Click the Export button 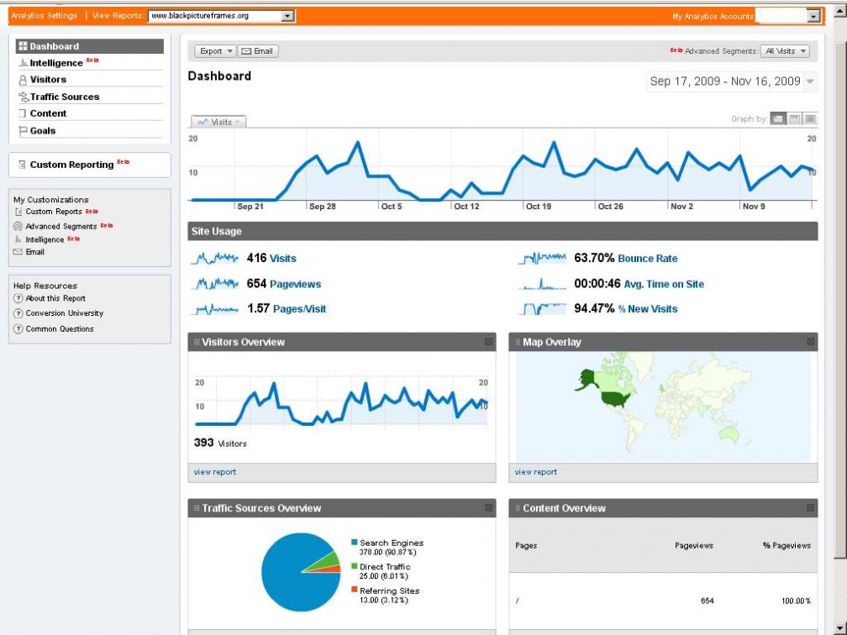pos(215,51)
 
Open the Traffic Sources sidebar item pos(64,97)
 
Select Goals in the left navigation pos(43,130)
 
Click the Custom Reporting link pos(71,165)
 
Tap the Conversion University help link pos(64,313)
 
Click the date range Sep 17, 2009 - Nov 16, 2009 pos(725,81)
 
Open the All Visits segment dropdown pos(784,51)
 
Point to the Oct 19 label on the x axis pos(538,207)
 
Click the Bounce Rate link pos(647,259)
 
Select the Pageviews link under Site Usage pos(295,284)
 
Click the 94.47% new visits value pos(594,308)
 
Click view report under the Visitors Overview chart pos(215,472)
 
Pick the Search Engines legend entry pos(392,543)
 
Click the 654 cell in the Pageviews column pos(707,601)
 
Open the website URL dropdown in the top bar pos(221,16)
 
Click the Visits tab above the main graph pos(218,122)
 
